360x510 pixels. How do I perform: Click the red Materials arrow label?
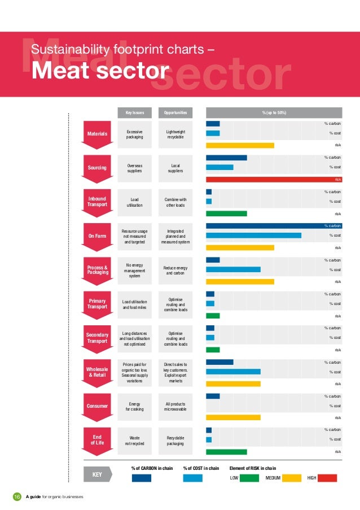click(97, 133)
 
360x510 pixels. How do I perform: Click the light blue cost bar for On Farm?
click(253, 236)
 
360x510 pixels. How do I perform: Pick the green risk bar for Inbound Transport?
click(226, 214)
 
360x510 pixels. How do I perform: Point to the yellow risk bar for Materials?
click(240, 145)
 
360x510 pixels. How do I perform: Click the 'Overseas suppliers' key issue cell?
click(134, 168)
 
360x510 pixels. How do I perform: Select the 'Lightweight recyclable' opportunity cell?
click(175, 134)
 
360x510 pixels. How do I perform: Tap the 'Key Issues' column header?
click(134, 113)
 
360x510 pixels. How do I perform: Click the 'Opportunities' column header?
click(175, 113)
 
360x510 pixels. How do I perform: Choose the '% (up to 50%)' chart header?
click(274, 113)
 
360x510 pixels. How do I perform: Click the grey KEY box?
click(97, 475)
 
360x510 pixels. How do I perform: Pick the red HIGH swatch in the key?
click(327, 478)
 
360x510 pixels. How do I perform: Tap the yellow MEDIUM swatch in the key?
click(292, 478)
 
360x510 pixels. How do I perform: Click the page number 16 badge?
click(16, 497)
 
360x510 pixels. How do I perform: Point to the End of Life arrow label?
click(97, 440)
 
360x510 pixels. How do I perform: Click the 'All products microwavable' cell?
click(175, 406)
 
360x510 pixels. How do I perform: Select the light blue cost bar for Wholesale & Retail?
click(233, 372)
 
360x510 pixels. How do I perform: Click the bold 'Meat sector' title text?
click(100, 72)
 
